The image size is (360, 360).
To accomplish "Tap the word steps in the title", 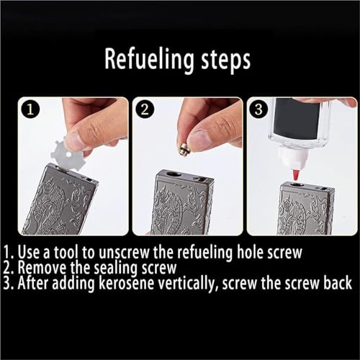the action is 226,60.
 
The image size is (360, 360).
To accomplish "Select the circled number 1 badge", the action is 30,109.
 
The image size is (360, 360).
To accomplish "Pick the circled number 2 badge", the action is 145,109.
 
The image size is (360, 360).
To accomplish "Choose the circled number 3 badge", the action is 258,109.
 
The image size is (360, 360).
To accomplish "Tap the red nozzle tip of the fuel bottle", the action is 297,175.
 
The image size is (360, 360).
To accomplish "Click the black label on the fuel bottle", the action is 297,119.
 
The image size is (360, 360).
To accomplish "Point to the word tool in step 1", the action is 66,252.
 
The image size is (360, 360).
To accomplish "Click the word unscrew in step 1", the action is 124,253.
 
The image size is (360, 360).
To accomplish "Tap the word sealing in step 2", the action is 115,268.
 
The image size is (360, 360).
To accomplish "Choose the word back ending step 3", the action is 338,283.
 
